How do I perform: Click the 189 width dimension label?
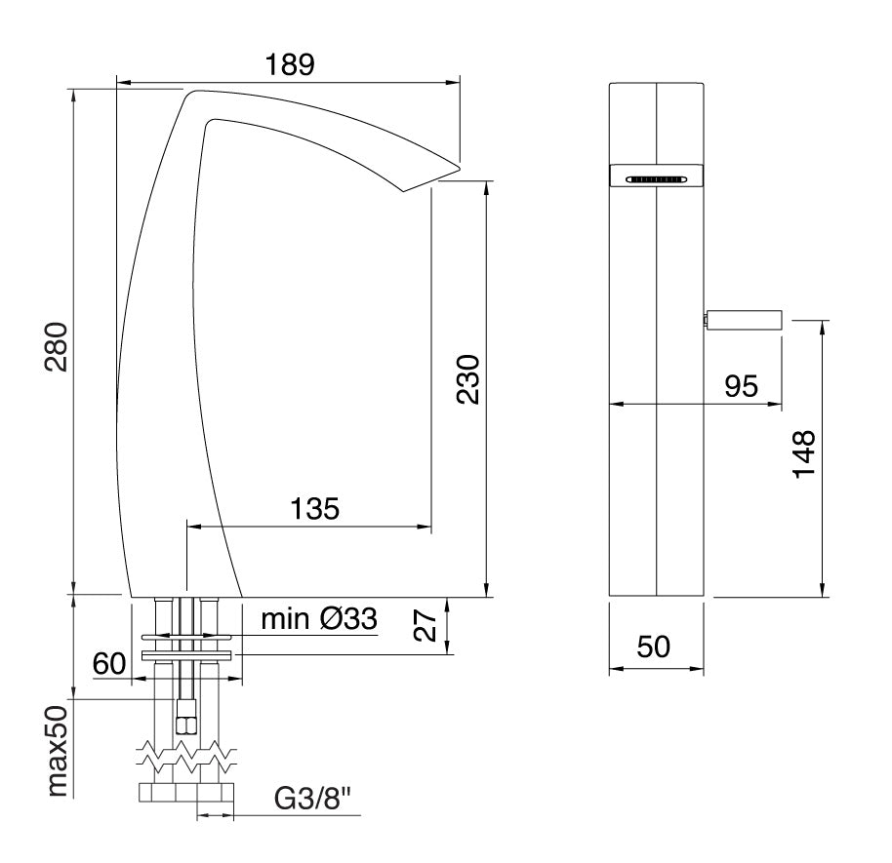point(289,65)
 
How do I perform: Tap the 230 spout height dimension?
point(468,380)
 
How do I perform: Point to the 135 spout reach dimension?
point(313,508)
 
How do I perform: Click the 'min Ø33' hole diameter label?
point(319,619)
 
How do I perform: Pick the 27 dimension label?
point(425,627)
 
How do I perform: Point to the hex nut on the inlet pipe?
point(184,724)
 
